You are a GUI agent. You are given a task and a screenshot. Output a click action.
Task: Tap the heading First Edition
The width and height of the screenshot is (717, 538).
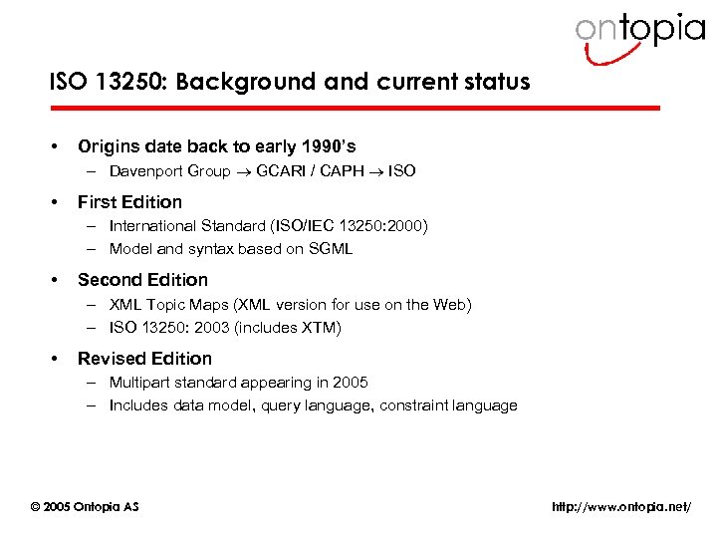point(129,201)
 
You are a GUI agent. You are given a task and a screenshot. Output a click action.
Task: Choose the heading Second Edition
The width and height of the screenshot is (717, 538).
point(142,280)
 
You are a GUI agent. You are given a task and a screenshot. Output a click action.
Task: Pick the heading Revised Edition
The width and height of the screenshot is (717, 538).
point(144,359)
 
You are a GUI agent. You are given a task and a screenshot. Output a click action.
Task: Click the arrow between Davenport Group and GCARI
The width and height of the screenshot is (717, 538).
point(243,171)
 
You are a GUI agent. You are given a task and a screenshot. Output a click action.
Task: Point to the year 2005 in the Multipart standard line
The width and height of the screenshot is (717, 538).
point(351,383)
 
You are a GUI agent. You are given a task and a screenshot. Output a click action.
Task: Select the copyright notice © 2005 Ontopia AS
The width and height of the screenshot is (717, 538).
point(86,507)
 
